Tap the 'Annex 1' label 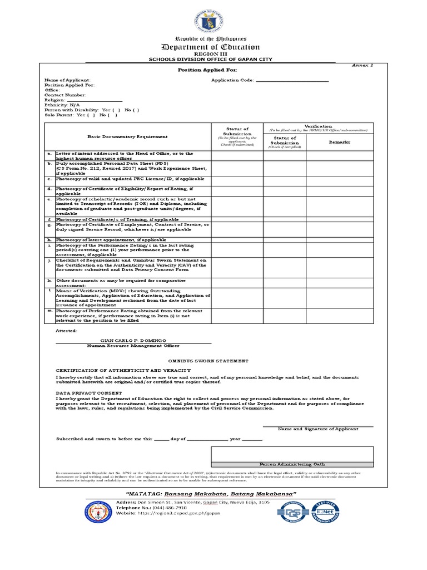point(363,65)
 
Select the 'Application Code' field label point(232,80)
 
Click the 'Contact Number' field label point(65,95)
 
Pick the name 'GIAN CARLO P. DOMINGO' point(132,340)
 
